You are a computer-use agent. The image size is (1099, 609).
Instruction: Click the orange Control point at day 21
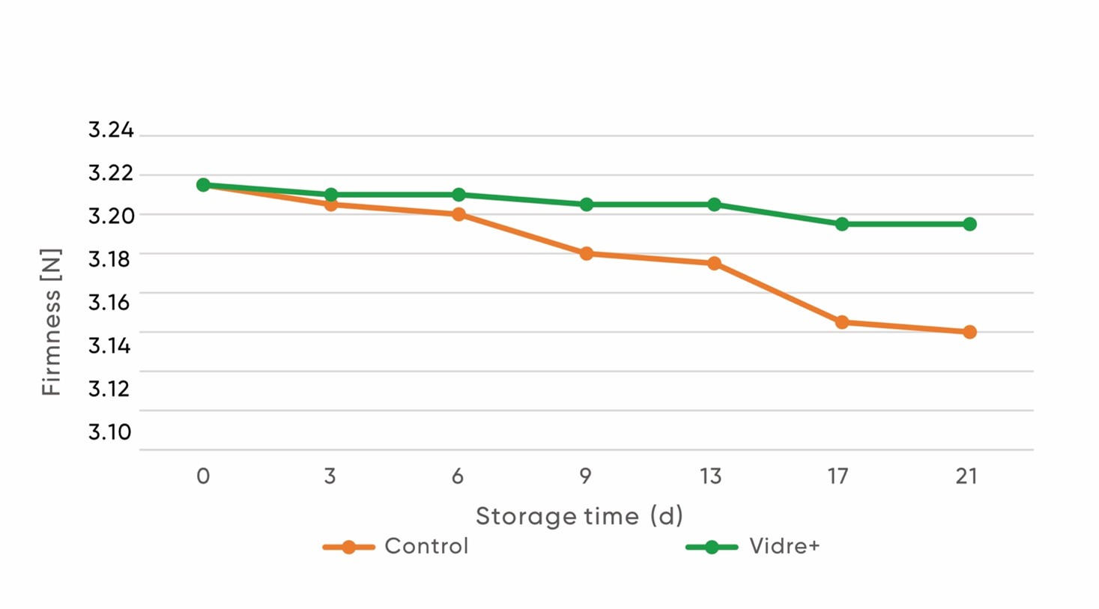pyautogui.click(x=969, y=332)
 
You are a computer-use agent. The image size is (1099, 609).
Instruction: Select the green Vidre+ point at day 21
pyautogui.click(x=969, y=224)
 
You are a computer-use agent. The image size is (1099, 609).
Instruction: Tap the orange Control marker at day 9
pyautogui.click(x=587, y=254)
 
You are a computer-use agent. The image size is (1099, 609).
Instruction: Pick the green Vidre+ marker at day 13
pyautogui.click(x=714, y=204)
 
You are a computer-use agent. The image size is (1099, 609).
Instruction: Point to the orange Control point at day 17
pyautogui.click(x=842, y=322)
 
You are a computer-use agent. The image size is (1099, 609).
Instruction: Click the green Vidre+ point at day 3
pyautogui.click(x=331, y=195)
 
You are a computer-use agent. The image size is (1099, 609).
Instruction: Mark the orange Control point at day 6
pyautogui.click(x=458, y=214)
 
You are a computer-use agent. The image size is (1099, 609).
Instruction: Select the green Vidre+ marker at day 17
pyautogui.click(x=842, y=224)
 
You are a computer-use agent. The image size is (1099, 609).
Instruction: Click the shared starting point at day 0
pyautogui.click(x=203, y=185)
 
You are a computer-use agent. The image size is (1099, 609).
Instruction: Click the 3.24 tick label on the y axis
pyautogui.click(x=111, y=130)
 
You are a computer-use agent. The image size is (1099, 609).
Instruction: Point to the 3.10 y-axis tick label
pyautogui.click(x=110, y=432)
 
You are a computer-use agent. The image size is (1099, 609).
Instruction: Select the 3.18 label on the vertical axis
pyautogui.click(x=110, y=259)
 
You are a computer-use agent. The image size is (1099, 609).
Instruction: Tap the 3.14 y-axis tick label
pyautogui.click(x=110, y=346)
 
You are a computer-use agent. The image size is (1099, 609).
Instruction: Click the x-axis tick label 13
pyautogui.click(x=711, y=476)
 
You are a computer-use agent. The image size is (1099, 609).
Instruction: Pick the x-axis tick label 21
pyautogui.click(x=966, y=476)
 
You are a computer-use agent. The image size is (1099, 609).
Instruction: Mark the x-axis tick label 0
pyautogui.click(x=203, y=476)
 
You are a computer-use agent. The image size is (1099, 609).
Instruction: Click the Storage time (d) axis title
pyautogui.click(x=579, y=516)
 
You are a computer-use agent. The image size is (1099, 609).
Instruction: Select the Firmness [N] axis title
pyautogui.click(x=51, y=322)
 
